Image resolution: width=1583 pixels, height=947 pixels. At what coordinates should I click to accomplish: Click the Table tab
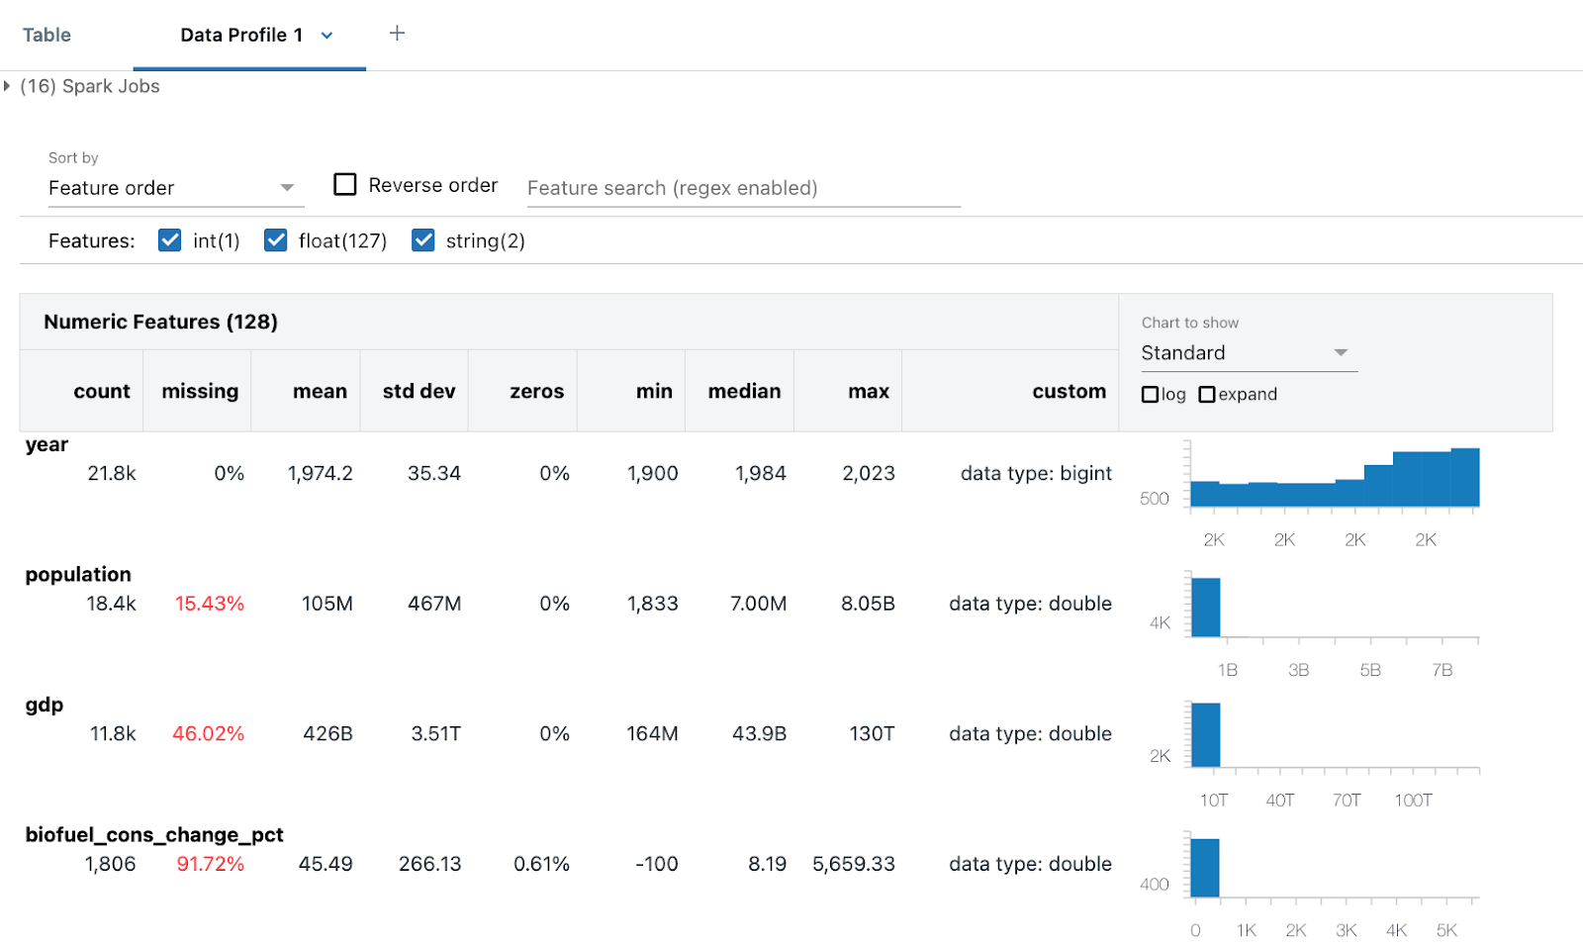click(x=47, y=36)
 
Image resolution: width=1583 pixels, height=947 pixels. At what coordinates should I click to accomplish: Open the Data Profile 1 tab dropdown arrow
click(x=326, y=36)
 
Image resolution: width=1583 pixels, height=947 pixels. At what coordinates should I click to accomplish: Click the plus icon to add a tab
click(x=397, y=34)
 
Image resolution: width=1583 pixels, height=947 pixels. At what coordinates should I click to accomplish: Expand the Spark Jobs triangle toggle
click(x=7, y=86)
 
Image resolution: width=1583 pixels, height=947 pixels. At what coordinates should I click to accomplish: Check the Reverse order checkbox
click(x=344, y=185)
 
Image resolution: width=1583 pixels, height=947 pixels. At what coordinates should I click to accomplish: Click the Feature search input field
click(x=742, y=188)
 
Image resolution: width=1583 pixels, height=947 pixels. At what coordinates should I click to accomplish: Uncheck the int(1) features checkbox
click(x=170, y=240)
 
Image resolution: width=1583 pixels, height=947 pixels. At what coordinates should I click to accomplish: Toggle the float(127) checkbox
click(x=276, y=240)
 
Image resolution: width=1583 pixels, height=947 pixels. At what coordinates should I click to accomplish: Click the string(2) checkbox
click(x=423, y=240)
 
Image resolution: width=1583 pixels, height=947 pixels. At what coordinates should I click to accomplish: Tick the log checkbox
click(x=1150, y=395)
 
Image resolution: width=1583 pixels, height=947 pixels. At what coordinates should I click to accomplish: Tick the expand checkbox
click(x=1207, y=395)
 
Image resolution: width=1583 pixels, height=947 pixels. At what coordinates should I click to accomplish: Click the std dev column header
click(x=419, y=392)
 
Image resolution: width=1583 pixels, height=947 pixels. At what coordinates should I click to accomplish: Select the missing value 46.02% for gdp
click(x=208, y=734)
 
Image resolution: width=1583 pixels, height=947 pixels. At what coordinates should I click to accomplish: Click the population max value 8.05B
click(x=868, y=604)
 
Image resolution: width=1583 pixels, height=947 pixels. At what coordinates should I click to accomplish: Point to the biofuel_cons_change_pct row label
click(x=154, y=835)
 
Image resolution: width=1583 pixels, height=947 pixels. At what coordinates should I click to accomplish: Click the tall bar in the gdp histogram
click(x=1205, y=735)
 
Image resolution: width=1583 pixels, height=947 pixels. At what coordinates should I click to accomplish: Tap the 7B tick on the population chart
click(x=1442, y=671)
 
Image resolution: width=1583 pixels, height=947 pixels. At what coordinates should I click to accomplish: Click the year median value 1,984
click(x=760, y=474)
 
